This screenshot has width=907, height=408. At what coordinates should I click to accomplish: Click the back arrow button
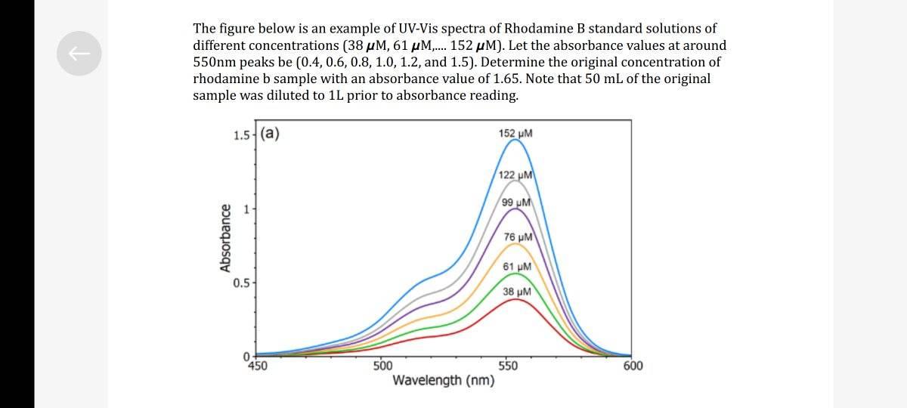[x=79, y=54]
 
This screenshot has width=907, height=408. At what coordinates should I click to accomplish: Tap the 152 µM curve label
[x=515, y=134]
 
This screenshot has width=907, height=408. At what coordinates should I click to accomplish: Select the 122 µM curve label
[x=517, y=175]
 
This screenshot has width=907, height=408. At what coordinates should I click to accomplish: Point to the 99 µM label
[x=517, y=202]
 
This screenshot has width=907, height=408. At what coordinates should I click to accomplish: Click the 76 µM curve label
[x=518, y=237]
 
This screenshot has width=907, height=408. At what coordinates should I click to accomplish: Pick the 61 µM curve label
[x=517, y=267]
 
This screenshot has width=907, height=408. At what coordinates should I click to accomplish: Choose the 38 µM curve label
[x=517, y=292]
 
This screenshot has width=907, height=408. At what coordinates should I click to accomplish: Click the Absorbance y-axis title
[x=224, y=237]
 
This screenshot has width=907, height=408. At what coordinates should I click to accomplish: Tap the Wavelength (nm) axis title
[x=444, y=380]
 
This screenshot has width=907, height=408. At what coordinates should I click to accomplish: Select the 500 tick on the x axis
[x=383, y=366]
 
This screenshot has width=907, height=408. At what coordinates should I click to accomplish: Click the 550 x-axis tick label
[x=508, y=366]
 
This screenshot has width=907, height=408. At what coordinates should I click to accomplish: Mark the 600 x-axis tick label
[x=633, y=366]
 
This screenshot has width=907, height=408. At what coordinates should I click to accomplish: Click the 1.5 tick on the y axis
[x=242, y=136]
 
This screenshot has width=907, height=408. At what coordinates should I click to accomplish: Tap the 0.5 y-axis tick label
[x=242, y=283]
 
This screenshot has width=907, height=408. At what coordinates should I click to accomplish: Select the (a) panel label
[x=269, y=134]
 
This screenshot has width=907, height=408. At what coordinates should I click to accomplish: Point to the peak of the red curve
[x=515, y=299]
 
